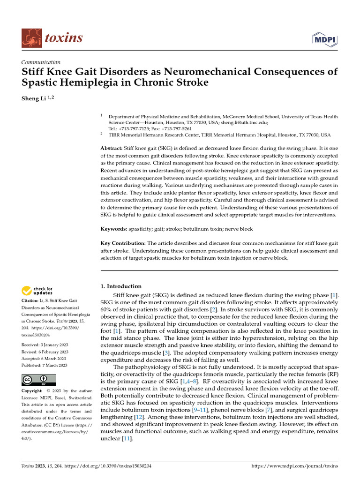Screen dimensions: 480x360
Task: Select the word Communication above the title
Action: pos(41,62)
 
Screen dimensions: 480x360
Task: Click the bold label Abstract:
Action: pos(112,148)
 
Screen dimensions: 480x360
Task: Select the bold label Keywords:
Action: pos(113,229)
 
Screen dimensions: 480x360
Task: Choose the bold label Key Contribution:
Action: pos(123,243)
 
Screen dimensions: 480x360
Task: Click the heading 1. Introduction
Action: pos(121,286)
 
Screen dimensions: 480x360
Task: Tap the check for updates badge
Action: pos(37,291)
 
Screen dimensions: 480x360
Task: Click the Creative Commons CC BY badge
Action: pos(38,379)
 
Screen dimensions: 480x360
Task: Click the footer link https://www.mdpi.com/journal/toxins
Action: pos(294,466)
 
